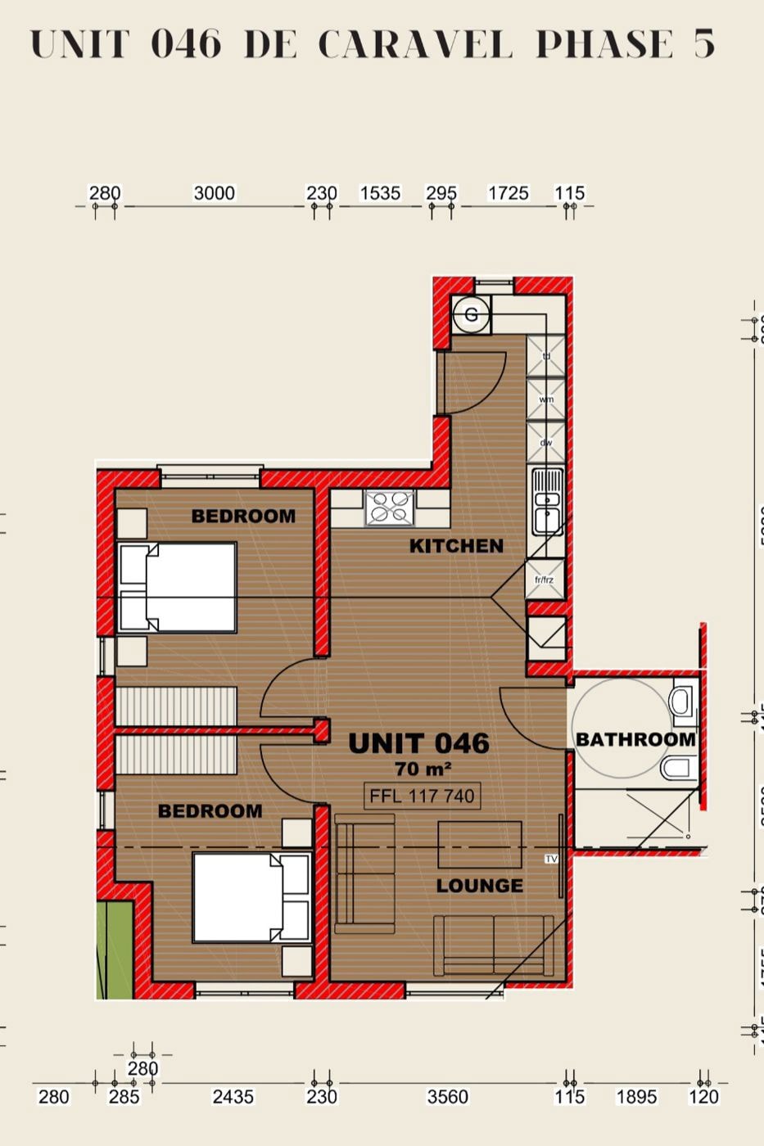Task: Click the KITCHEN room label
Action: tap(456, 546)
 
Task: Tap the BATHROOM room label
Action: tap(635, 739)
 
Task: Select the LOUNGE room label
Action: tap(479, 886)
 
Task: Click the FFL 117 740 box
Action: tap(422, 796)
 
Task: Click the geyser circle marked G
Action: tap(471, 315)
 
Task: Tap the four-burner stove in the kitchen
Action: tap(390, 508)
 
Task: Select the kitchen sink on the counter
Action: tap(546, 501)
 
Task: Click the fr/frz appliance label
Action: tap(545, 580)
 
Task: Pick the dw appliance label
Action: tap(546, 443)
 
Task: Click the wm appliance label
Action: tap(546, 399)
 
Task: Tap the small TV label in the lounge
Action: tap(551, 859)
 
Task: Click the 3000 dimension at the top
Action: tap(214, 193)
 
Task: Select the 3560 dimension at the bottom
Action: tap(448, 1097)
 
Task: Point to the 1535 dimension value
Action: tap(380, 193)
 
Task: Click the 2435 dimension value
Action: tap(233, 1097)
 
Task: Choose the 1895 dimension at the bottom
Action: tap(636, 1097)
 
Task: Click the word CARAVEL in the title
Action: tap(415, 44)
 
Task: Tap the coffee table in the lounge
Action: tap(480, 844)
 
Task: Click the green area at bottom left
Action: tap(115, 950)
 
